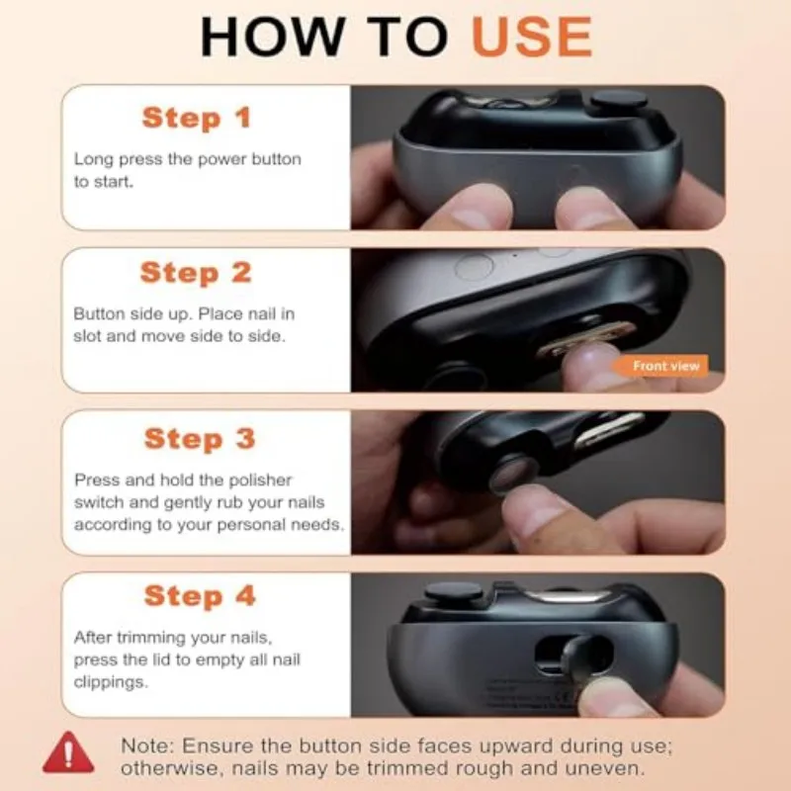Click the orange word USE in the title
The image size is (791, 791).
[531, 37]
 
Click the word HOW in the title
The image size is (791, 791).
[260, 37]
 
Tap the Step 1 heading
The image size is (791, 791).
[196, 118]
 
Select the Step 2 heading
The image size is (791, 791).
[196, 272]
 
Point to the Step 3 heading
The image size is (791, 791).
[199, 438]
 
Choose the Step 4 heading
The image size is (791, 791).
[199, 595]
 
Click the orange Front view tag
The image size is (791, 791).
[666, 366]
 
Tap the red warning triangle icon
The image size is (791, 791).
[68, 753]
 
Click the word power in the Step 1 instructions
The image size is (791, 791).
[212, 159]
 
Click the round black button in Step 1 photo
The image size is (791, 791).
[618, 100]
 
